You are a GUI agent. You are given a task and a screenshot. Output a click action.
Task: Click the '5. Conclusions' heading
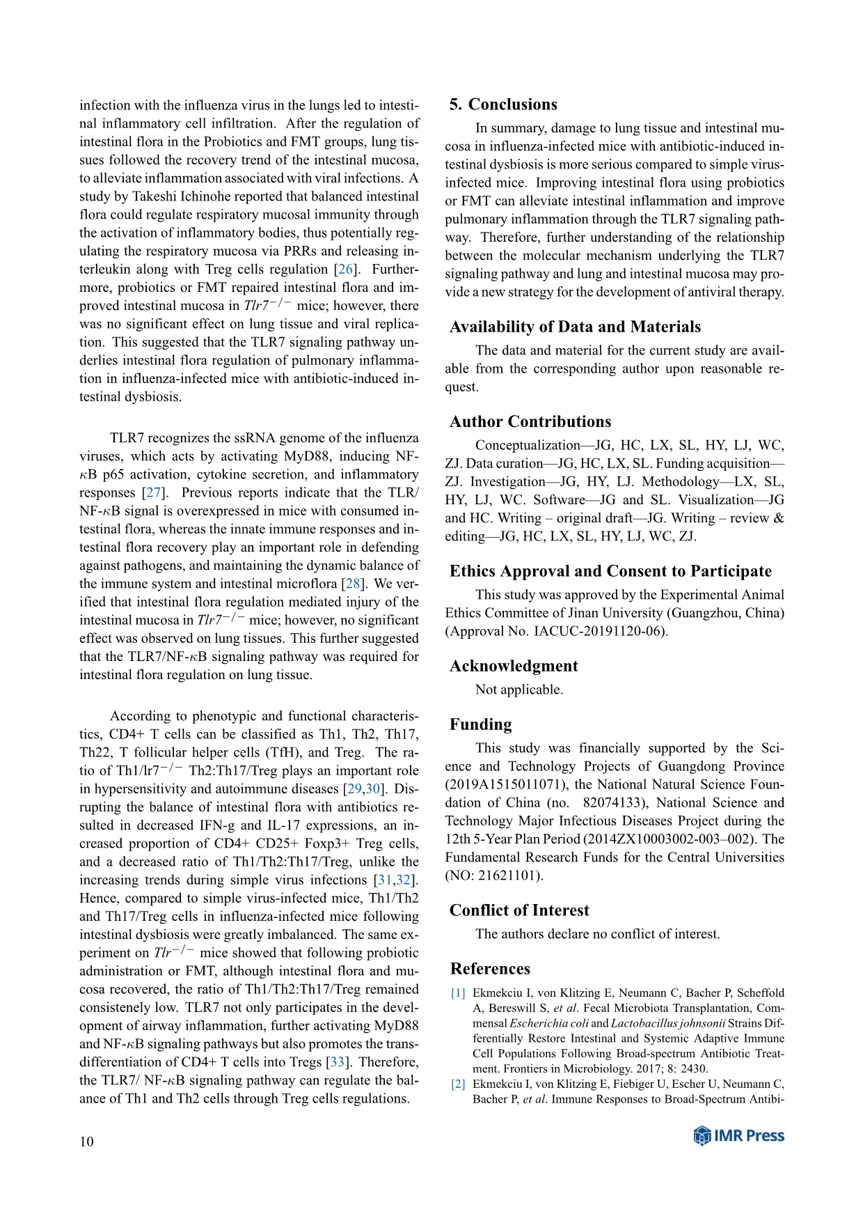[503, 104]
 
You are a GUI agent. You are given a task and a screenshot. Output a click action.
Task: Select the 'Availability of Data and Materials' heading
[575, 327]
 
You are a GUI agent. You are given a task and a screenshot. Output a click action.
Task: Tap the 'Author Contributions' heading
[530, 421]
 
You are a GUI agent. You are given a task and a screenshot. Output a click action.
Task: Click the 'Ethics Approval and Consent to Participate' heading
[610, 571]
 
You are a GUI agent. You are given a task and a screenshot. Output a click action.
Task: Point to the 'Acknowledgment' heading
[514, 666]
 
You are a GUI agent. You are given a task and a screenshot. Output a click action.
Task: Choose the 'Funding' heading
[480, 724]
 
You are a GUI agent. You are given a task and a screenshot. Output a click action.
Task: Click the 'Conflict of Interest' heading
[519, 910]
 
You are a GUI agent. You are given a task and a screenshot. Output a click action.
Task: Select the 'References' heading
[490, 969]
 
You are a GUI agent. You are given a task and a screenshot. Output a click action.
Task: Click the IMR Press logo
[739, 1136]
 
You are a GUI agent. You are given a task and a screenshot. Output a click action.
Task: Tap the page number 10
[86, 1141]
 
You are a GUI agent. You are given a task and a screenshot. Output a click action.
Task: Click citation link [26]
[345, 270]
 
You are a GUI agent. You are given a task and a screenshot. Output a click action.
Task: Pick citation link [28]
[353, 584]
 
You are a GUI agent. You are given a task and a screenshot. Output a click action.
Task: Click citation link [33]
[338, 1062]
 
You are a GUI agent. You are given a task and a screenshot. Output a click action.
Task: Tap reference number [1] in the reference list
[458, 993]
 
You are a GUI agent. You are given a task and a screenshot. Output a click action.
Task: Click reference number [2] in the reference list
[458, 1084]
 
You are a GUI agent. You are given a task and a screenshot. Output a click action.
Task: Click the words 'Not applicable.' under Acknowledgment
[519, 690]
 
